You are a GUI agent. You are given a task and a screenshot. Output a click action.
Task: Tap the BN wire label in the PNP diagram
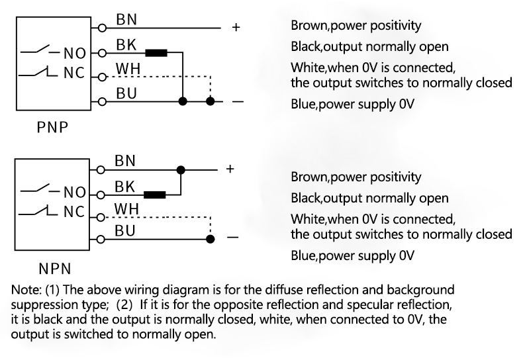[126, 20]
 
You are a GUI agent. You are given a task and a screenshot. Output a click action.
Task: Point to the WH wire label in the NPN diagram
[126, 209]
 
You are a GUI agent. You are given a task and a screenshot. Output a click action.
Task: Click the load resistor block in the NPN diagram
[156, 195]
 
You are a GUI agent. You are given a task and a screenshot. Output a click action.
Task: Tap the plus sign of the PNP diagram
[236, 28]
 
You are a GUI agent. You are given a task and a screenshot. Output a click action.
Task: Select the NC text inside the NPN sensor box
[74, 213]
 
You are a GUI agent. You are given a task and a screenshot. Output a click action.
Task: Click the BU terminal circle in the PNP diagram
[101, 101]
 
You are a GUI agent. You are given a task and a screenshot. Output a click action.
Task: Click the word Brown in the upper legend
[307, 26]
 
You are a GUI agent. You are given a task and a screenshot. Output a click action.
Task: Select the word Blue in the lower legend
[303, 255]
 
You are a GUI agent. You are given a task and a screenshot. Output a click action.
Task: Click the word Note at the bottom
[24, 290]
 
